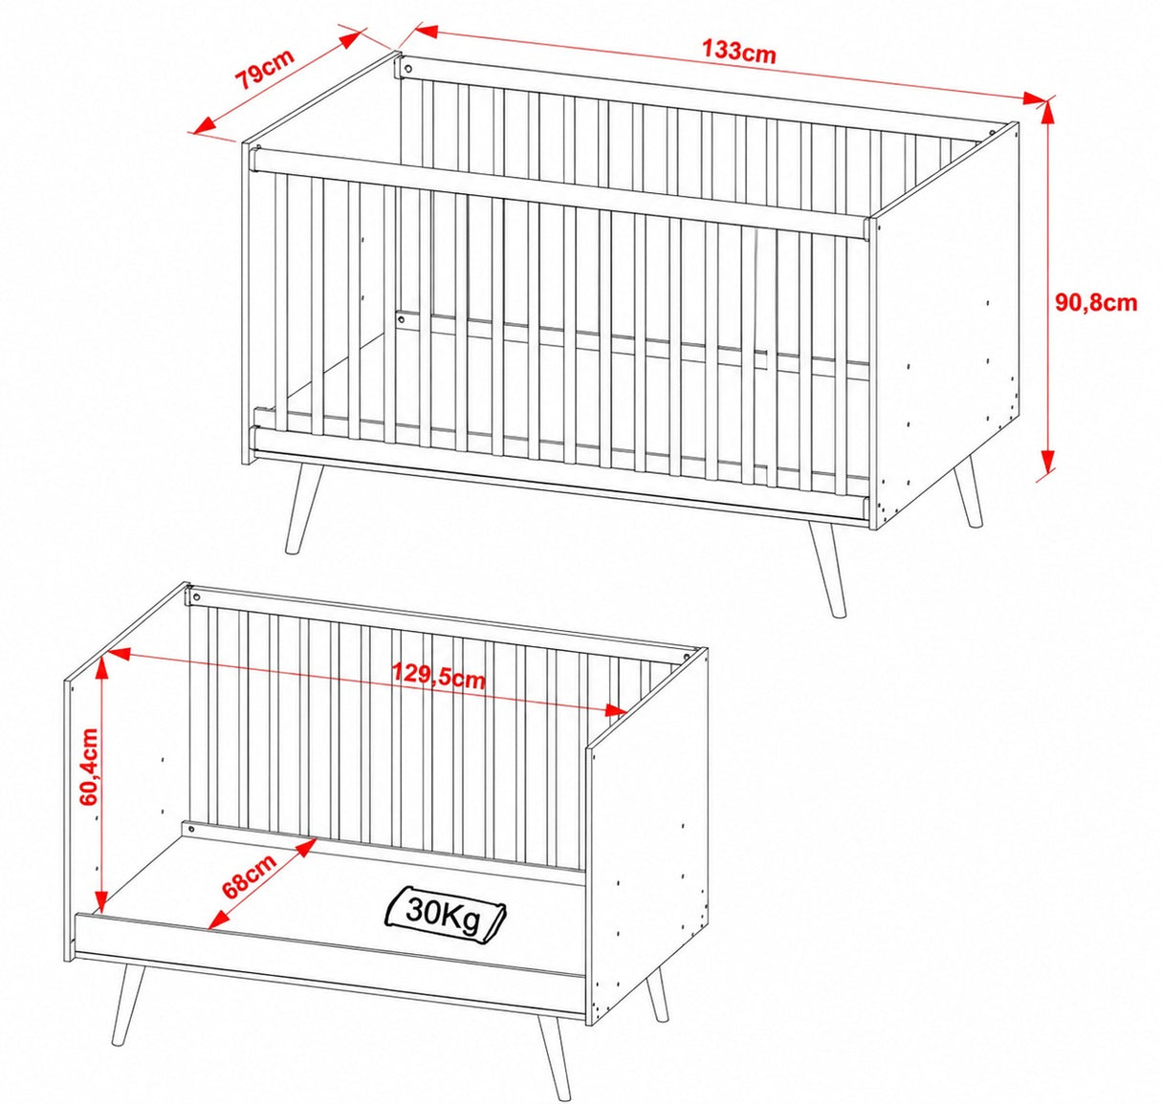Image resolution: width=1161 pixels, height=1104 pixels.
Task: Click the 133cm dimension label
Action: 738,52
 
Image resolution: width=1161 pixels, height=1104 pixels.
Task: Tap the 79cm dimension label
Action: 264,70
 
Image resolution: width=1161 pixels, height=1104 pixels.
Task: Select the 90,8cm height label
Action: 1096,302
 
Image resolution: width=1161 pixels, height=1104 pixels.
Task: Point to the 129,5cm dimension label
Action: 438,676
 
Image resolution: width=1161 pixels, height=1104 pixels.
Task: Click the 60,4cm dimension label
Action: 90,767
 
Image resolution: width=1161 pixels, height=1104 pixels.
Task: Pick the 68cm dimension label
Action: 249,875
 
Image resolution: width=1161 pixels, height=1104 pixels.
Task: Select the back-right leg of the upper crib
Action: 967,490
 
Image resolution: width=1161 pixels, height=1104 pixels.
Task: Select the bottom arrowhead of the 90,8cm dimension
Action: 1047,463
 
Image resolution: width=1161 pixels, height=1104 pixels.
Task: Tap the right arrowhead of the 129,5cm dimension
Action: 614,709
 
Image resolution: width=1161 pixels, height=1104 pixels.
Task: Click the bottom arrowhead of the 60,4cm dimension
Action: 102,901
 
